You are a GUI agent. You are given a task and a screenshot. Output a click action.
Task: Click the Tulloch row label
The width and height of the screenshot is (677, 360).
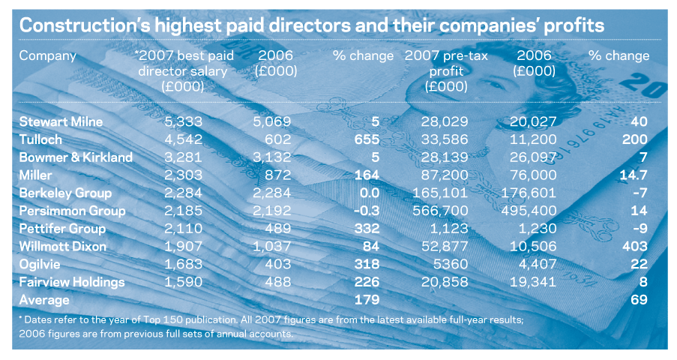[40, 139]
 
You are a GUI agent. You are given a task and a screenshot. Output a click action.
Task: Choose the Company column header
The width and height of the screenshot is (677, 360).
[48, 56]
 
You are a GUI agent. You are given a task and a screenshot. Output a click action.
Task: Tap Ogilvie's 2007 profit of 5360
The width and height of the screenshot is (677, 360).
[451, 264]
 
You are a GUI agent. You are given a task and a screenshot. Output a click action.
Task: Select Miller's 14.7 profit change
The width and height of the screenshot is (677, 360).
[633, 175]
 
